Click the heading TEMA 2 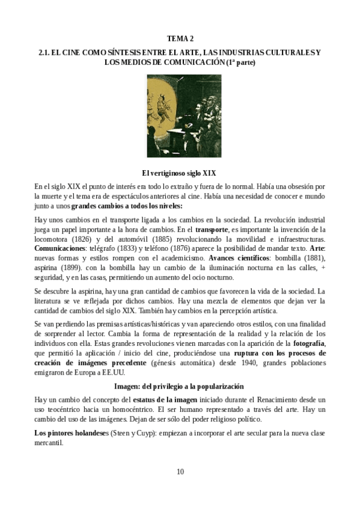(x=180, y=38)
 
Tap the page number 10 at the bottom (x=180, y=470)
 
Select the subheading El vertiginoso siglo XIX (x=180, y=171)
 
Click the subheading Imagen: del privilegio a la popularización (x=180, y=385)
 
